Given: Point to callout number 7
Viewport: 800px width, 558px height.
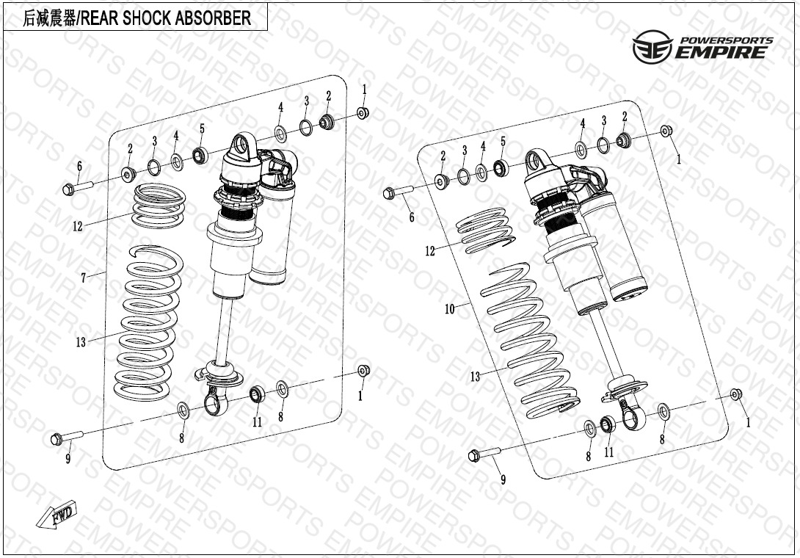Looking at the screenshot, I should point(84,278).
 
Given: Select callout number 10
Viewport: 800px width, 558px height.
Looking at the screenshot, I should point(450,309).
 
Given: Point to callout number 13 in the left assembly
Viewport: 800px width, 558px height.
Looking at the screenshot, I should point(81,342).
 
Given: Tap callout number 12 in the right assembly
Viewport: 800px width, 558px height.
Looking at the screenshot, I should point(430,251).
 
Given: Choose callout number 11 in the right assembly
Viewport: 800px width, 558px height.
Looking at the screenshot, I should point(608,452).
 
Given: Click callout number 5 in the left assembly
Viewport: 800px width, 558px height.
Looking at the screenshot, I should point(202,129).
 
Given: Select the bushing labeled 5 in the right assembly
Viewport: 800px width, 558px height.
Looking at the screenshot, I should point(501,168).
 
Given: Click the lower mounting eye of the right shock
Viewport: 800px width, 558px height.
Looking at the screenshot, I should point(631,419).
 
